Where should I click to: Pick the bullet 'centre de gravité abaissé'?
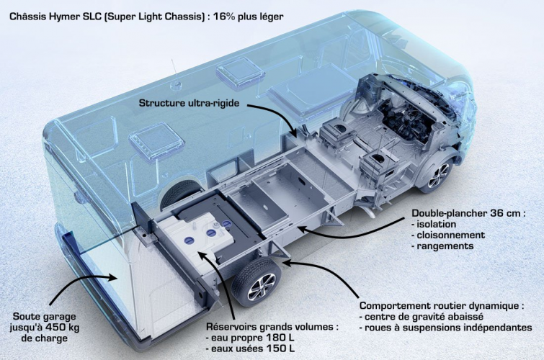(x=421, y=317)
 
